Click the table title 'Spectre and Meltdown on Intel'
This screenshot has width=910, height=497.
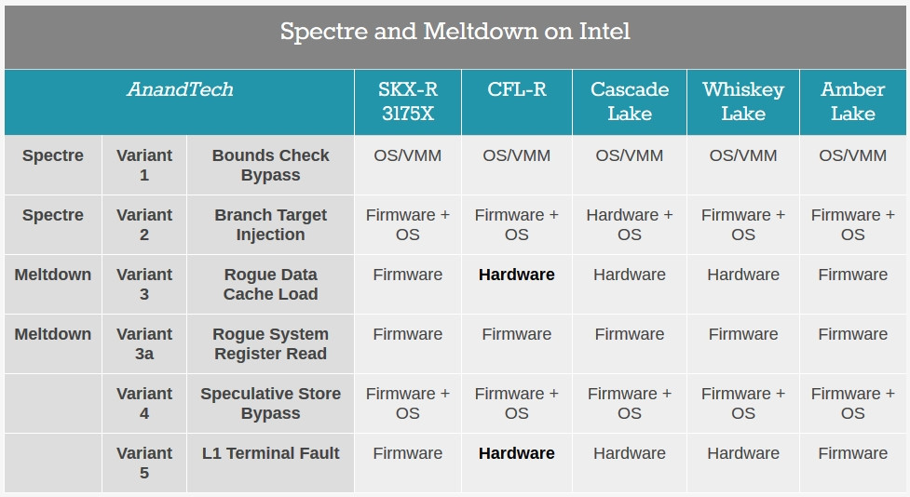[x=455, y=32]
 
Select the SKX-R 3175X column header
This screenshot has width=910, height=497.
[x=407, y=101]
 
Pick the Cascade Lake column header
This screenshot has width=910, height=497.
[x=630, y=101]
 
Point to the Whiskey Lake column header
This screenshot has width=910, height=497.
[x=743, y=101]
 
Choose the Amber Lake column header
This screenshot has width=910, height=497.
[x=852, y=101]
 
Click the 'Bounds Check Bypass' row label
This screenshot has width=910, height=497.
[x=270, y=166]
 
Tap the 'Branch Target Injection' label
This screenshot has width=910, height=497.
[x=270, y=224]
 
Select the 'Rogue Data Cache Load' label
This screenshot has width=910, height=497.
[x=270, y=284]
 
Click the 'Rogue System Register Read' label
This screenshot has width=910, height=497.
[x=270, y=344]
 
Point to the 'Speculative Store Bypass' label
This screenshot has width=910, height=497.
[x=270, y=403]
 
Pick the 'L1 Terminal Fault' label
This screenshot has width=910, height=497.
[x=270, y=453]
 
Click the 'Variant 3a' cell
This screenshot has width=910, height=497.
[x=144, y=344]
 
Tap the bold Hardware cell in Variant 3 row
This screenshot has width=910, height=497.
[x=517, y=275]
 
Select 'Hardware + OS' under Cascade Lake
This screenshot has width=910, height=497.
[x=630, y=224]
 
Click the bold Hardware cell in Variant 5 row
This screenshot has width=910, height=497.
[x=517, y=453]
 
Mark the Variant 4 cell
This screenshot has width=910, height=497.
[x=144, y=403]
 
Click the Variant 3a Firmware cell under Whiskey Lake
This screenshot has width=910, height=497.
[x=743, y=334]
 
